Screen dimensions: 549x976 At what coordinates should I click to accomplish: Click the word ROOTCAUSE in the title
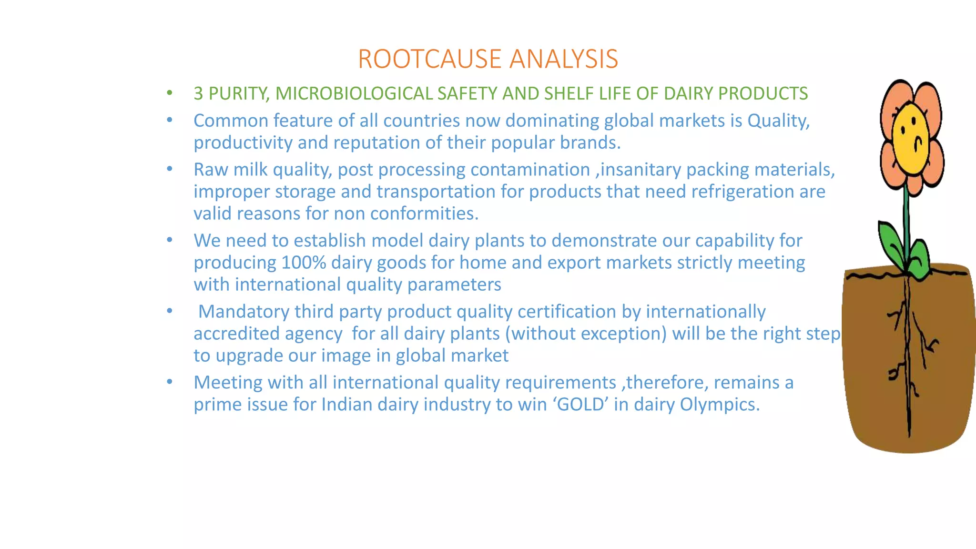pyautogui.click(x=430, y=60)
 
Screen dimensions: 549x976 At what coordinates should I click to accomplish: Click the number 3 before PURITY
pyautogui.click(x=198, y=94)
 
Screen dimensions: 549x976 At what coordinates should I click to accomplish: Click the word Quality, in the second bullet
pyautogui.click(x=778, y=121)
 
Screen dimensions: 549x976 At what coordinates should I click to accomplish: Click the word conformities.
pyautogui.click(x=424, y=213)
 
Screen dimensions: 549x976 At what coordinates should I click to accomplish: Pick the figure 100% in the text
pyautogui.click(x=304, y=263)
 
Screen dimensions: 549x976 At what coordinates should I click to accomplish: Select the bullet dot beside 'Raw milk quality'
pyautogui.click(x=170, y=169)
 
